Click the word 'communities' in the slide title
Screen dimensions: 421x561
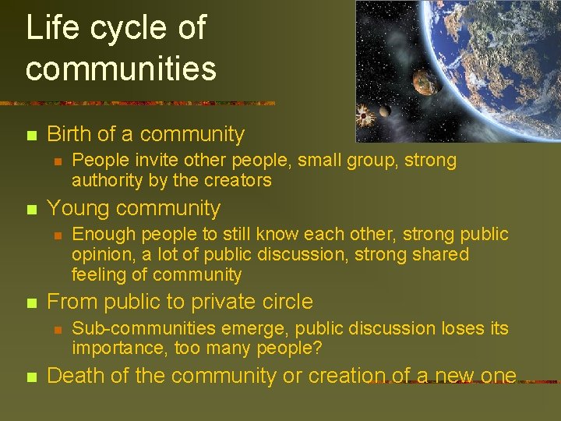tap(121, 69)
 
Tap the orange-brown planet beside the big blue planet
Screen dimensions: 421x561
tap(423, 80)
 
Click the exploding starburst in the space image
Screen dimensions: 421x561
tap(365, 118)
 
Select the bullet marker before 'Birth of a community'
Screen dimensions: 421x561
tap(30, 136)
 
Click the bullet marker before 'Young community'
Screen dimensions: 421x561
tap(30, 210)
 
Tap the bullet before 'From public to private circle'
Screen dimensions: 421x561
tap(30, 303)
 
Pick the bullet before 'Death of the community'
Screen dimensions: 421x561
tap(30, 377)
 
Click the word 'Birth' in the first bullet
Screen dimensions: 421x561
tap(69, 134)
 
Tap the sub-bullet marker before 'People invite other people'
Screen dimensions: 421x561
tap(56, 161)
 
